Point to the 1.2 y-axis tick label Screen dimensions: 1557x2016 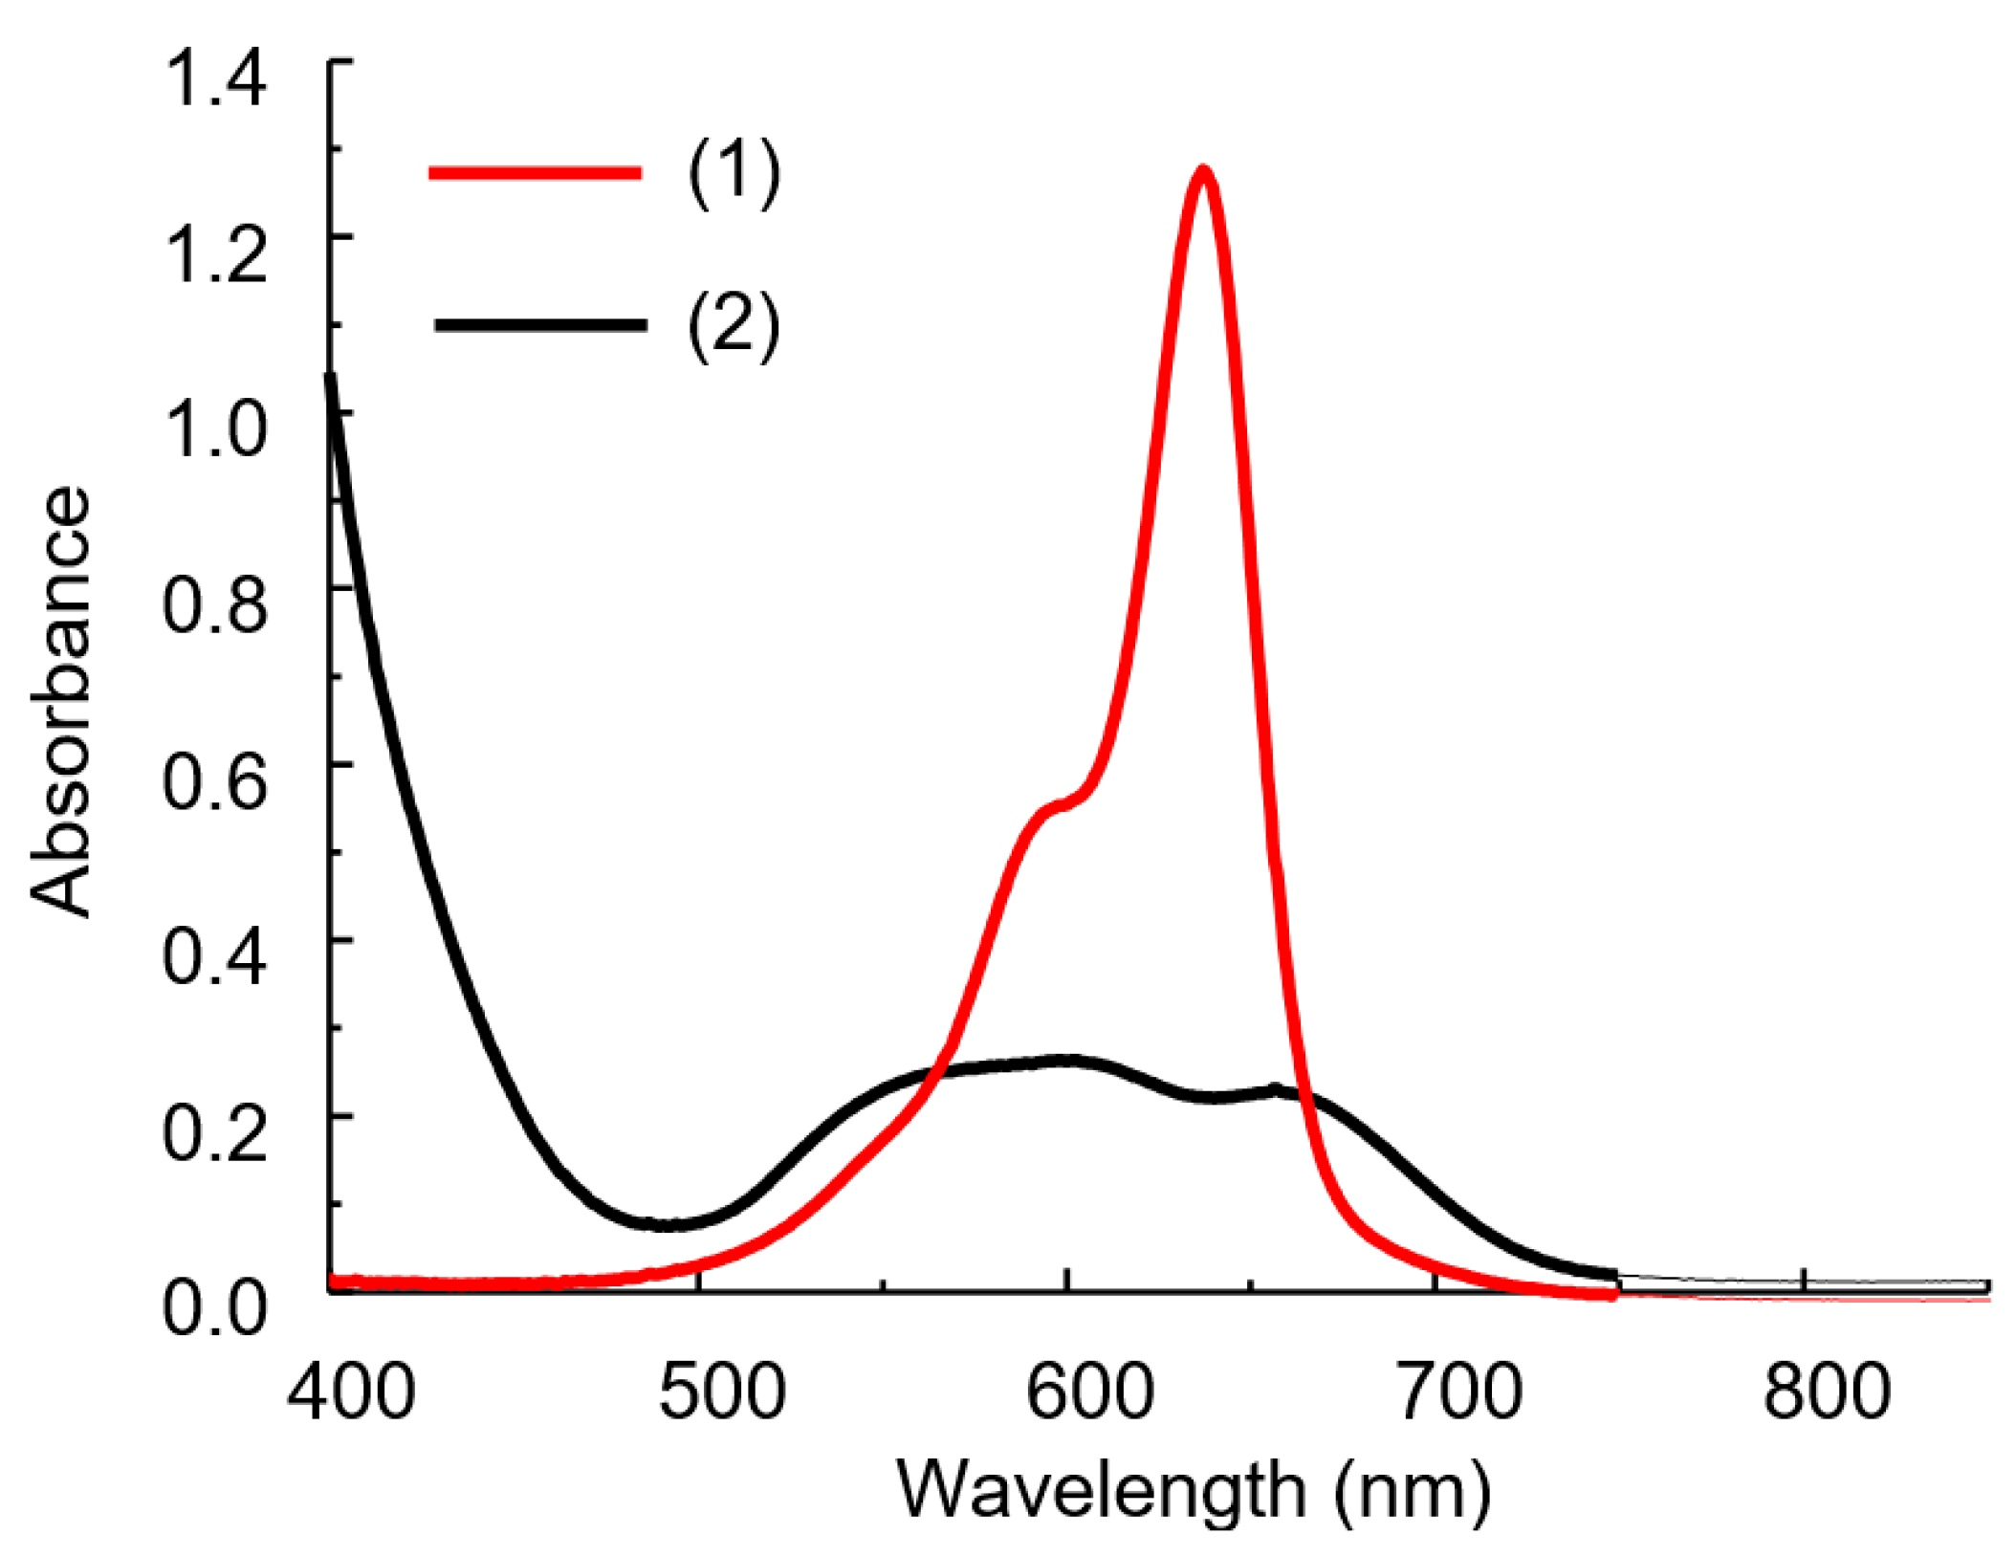[x=215, y=254]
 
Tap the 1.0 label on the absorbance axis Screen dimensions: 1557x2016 [x=215, y=429]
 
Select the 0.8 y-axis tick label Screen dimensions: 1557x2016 [x=215, y=605]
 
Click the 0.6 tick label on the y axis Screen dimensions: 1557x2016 [x=215, y=781]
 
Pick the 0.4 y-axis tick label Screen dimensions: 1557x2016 [x=215, y=956]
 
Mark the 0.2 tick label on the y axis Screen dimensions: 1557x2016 [x=215, y=1132]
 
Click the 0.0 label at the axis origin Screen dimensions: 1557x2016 [x=215, y=1307]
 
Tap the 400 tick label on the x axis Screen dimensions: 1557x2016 [x=351, y=1393]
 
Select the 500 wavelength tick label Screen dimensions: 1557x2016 [x=722, y=1393]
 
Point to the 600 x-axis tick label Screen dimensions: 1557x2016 [x=1089, y=1393]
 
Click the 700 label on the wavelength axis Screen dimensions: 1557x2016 [x=1460, y=1393]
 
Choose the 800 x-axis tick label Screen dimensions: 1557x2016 [x=1827, y=1393]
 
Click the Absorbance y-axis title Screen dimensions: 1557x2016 [x=59, y=703]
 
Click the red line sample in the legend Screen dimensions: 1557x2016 [x=536, y=173]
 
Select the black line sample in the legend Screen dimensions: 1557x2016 [x=540, y=325]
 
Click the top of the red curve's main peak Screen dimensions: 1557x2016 [x=1202, y=173]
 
